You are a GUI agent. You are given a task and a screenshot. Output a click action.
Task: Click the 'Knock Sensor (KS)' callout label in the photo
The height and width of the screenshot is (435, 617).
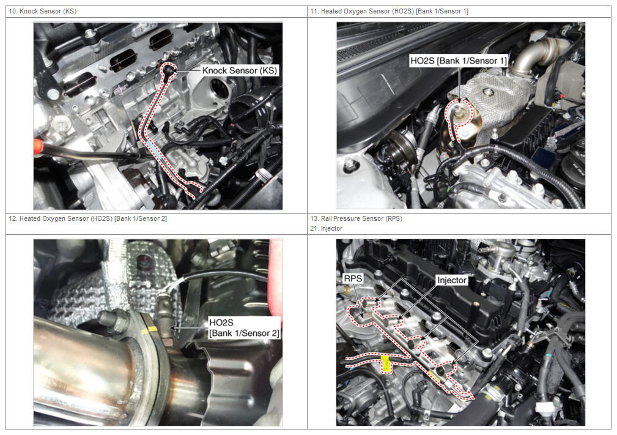[240, 70]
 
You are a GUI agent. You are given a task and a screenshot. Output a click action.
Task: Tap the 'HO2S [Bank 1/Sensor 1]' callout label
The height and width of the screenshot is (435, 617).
[459, 61]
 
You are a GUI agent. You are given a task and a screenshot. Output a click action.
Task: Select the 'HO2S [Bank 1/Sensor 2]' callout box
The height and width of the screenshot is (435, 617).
[244, 328]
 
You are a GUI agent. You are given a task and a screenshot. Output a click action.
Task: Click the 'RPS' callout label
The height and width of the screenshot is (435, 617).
[353, 279]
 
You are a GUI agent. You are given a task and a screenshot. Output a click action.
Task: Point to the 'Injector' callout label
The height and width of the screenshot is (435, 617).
[452, 280]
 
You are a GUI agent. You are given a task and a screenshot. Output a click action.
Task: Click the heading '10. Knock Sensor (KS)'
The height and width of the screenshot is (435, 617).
[42, 11]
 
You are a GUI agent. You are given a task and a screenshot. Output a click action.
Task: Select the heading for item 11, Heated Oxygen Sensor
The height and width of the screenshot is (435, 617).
[389, 11]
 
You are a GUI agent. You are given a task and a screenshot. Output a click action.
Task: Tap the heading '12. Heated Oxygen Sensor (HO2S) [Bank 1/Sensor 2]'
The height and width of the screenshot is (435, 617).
[87, 218]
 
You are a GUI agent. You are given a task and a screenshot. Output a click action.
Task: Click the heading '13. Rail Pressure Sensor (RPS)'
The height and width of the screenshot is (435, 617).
[356, 218]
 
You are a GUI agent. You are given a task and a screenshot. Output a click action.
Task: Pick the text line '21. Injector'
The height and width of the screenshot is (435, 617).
[326, 228]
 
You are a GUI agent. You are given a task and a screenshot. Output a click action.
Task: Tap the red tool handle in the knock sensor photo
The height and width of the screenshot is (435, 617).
[38, 146]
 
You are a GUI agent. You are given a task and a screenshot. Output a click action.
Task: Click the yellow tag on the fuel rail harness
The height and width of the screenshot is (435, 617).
[386, 364]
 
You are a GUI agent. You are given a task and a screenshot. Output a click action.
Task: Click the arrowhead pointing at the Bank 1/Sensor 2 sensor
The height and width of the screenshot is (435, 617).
[174, 327]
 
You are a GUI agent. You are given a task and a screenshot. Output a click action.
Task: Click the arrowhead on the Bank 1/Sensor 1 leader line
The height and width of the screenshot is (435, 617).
[459, 102]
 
